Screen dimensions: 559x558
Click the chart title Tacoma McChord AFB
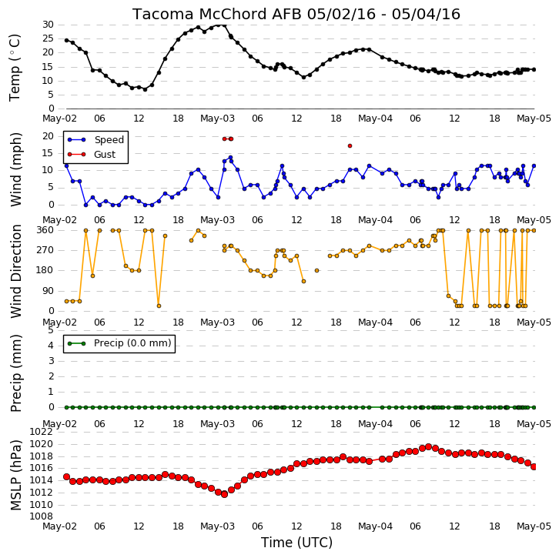pos(217,15)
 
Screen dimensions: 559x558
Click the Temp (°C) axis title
pos(15,68)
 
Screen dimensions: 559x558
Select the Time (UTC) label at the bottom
pos(296,543)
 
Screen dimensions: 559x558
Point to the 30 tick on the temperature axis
pos(49,25)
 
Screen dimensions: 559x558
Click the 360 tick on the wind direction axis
pos(45,230)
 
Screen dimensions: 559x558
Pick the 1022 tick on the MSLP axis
pos(41,432)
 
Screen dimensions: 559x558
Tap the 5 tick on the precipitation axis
pos(51,330)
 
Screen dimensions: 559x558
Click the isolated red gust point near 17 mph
pos(350,145)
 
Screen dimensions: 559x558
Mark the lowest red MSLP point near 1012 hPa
pos(224,494)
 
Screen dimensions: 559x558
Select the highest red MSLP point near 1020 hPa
pos(429,447)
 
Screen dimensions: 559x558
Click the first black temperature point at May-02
pos(66,40)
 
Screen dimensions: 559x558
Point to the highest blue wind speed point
pos(230,157)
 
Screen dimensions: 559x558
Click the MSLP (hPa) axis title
pos(15,475)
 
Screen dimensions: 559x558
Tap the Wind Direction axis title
pos(15,271)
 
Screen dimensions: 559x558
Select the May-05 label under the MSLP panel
pos(534,526)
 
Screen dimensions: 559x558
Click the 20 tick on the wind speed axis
pos(49,136)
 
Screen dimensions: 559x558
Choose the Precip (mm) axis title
pos(15,373)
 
